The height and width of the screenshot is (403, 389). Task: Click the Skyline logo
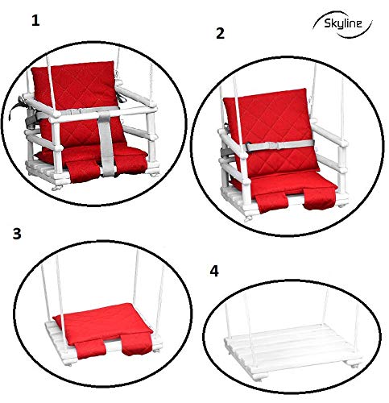pyautogui.click(x=342, y=23)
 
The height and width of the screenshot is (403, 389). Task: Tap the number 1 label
pyautogui.click(x=35, y=21)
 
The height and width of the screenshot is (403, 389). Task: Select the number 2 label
pyautogui.click(x=220, y=34)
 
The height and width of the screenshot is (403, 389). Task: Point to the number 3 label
pyautogui.click(x=17, y=234)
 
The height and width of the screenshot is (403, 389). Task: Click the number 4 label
pyautogui.click(x=214, y=271)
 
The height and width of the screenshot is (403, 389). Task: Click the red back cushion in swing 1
pyautogui.click(x=78, y=102)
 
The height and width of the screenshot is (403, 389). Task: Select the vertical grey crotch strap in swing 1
pyautogui.click(x=106, y=143)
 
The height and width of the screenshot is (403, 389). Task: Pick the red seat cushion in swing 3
pyautogui.click(x=103, y=322)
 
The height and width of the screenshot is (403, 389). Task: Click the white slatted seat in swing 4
pyautogui.click(x=292, y=347)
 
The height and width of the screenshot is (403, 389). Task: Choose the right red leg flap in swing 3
pyautogui.click(x=135, y=344)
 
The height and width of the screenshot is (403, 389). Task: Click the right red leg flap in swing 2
pyautogui.click(x=319, y=198)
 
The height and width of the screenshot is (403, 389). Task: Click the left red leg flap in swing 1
pyautogui.click(x=83, y=171)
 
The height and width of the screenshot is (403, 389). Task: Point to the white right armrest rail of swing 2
pyautogui.click(x=328, y=134)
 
